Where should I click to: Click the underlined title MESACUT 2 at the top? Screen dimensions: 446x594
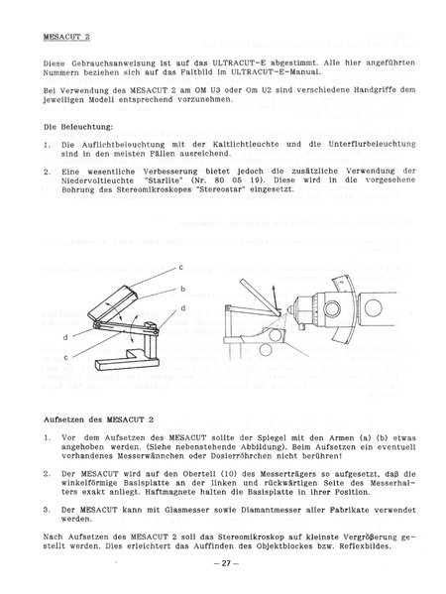[x=67, y=37]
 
